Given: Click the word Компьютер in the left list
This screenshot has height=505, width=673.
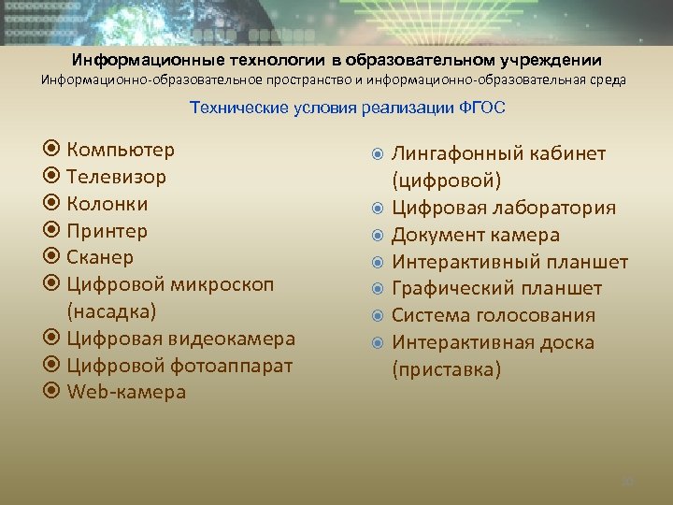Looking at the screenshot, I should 121,150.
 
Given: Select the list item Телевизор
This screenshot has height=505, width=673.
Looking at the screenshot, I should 116,177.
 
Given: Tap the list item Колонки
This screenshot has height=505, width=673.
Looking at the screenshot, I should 107,204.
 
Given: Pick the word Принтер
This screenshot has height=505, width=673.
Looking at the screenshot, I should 107,230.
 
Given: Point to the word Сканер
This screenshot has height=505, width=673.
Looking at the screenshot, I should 100,257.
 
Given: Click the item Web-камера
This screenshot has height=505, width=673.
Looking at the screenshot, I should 126,393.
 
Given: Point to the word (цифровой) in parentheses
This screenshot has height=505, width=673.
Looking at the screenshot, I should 446,180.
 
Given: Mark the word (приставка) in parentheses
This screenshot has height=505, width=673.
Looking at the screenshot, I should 446,369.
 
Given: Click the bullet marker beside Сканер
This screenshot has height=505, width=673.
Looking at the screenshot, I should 52,257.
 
